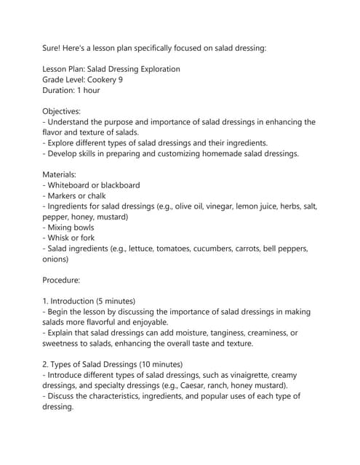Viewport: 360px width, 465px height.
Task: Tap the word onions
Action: (x=56, y=259)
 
